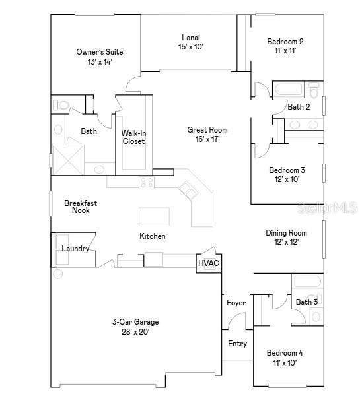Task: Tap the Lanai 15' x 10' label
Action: (x=191, y=42)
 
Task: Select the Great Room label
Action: (x=207, y=135)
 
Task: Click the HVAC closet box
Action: (x=208, y=263)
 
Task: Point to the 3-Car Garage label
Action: (x=135, y=327)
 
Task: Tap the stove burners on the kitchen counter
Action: (x=147, y=183)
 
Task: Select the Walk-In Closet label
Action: (x=133, y=137)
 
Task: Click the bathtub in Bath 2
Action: (x=288, y=90)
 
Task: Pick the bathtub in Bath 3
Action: (x=307, y=283)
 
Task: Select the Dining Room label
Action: (x=286, y=237)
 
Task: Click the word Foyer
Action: (x=236, y=303)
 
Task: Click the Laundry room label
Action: (x=75, y=249)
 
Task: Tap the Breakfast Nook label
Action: (x=77, y=207)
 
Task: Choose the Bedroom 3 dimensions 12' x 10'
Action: (x=287, y=179)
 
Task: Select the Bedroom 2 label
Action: (x=285, y=46)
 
